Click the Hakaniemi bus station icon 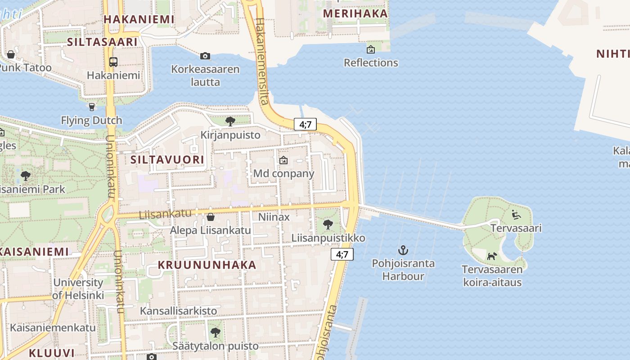coord(113,62)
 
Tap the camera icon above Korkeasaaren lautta coord(205,56)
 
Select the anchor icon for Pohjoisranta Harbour coord(403,250)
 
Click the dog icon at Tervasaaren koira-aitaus coord(492,256)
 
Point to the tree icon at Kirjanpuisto coord(230,121)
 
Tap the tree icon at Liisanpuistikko coord(328,224)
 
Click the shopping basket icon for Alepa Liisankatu coord(210,217)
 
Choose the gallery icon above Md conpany coord(283,160)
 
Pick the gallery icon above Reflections coord(371,49)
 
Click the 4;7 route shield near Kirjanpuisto coord(305,125)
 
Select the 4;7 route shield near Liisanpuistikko coord(342,254)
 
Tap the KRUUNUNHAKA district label coord(207,265)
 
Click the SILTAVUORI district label coord(167,160)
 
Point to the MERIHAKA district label coord(355,13)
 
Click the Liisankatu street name coord(165,214)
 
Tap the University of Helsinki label coord(78,289)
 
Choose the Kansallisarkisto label coord(178,311)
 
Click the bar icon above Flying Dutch coord(92,107)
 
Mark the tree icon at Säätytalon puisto coord(216,333)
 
